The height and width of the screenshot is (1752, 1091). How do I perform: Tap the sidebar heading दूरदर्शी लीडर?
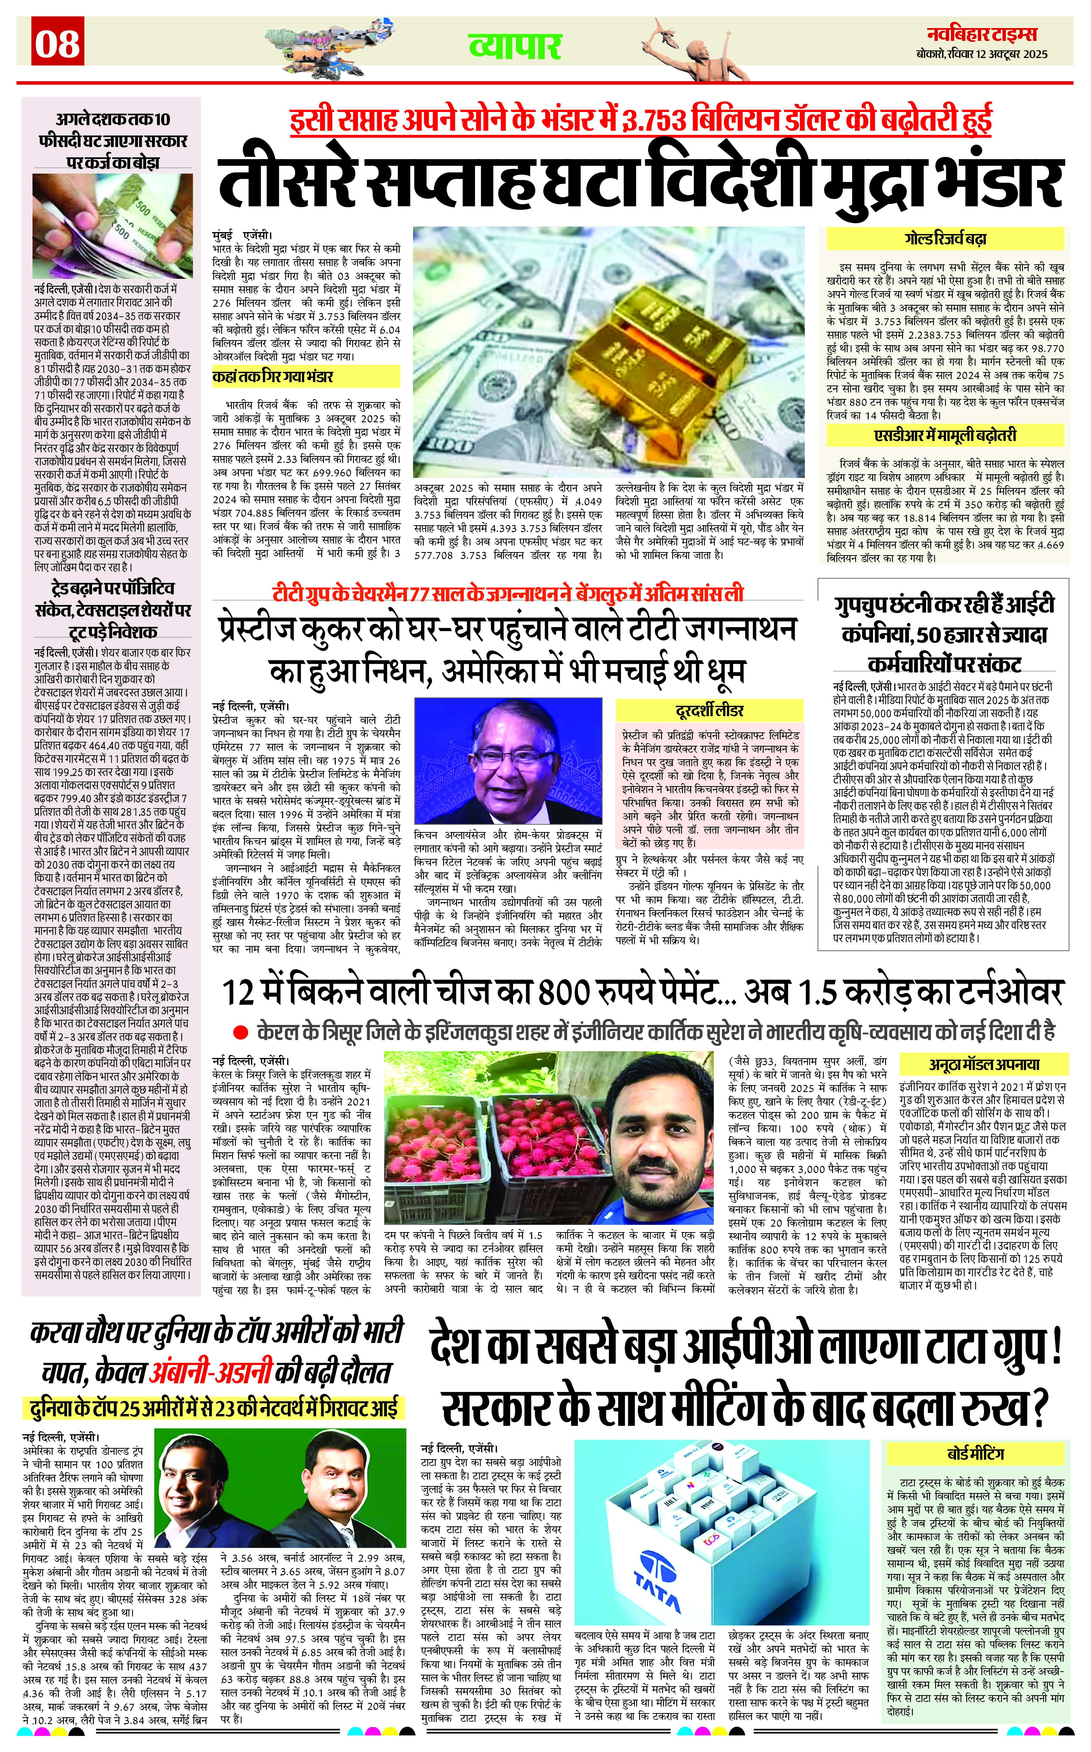709,711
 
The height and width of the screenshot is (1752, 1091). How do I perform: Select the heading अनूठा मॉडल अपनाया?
983,1064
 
